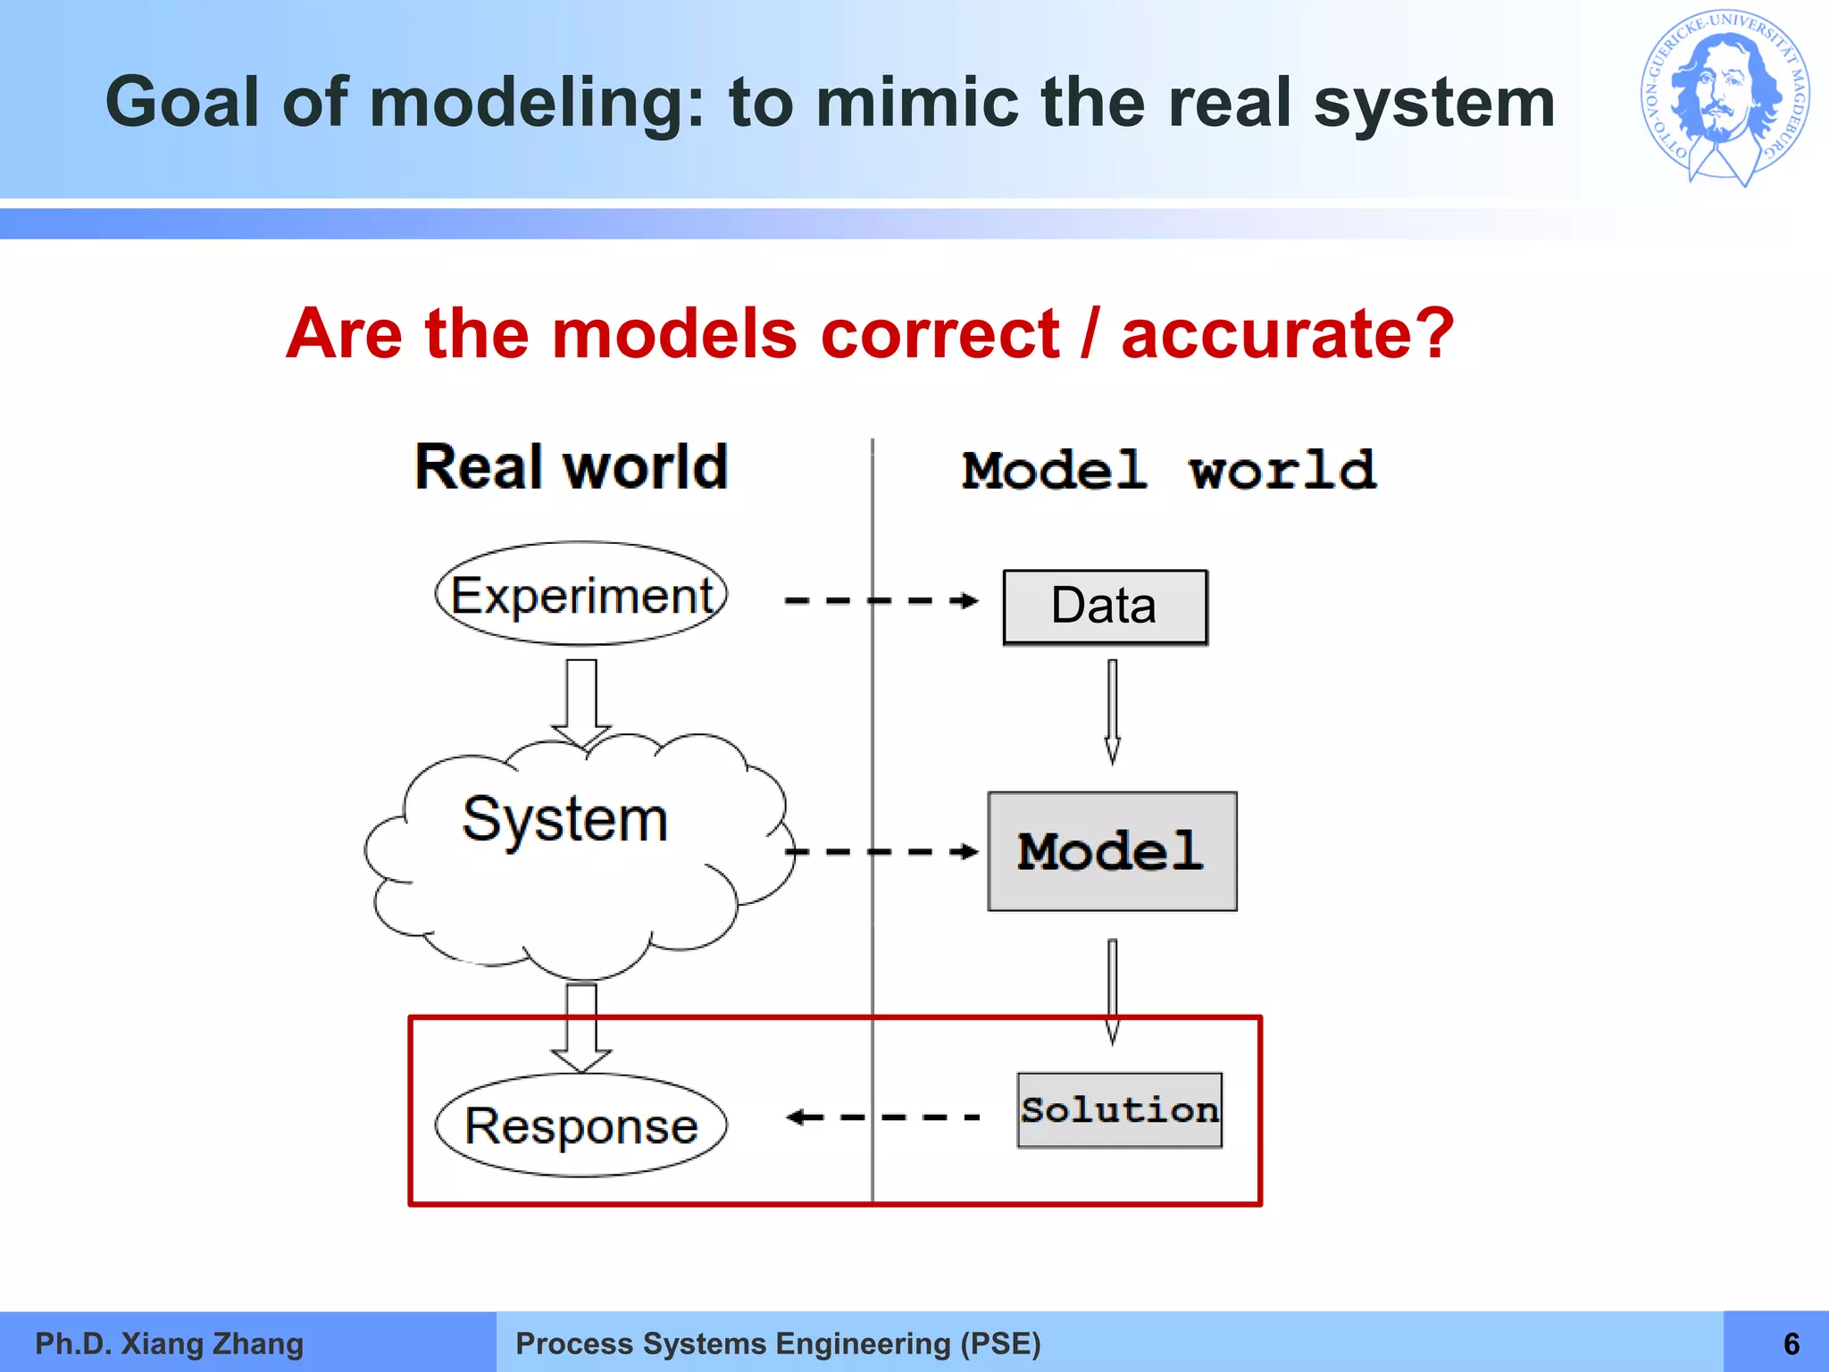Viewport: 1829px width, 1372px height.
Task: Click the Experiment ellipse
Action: pos(581,594)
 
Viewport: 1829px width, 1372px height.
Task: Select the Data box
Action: pos(1105,607)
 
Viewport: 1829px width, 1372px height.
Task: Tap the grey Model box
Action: pos(1112,851)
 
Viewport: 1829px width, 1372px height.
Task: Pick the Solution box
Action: pos(1120,1110)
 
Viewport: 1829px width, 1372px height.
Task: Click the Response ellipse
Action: pos(581,1125)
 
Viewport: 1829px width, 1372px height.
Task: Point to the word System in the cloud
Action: pos(564,819)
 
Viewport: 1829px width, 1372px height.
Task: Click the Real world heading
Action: pos(572,467)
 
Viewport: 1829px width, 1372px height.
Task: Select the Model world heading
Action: pos(1169,471)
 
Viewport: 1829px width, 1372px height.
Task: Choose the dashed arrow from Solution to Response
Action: pos(882,1117)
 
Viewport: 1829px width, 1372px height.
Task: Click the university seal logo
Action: pos(1725,98)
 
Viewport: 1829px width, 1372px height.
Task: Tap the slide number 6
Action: pos(1791,1343)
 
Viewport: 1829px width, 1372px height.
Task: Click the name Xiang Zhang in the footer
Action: pos(213,1343)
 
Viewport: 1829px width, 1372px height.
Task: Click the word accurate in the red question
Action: pos(1287,334)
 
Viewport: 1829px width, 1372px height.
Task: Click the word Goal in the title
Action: pos(181,102)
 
